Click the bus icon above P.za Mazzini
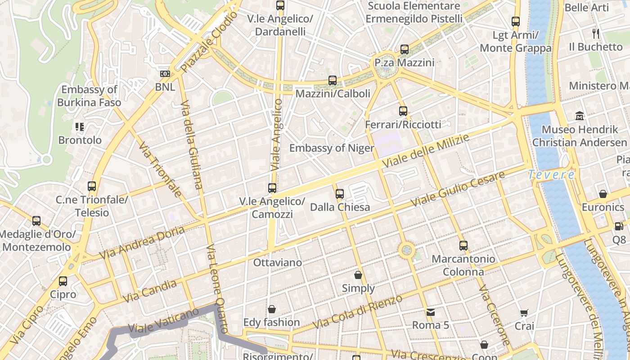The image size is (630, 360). [x=405, y=49]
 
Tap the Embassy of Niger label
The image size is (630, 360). [x=332, y=148]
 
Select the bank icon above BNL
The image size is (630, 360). [x=165, y=74]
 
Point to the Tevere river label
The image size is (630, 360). [x=551, y=175]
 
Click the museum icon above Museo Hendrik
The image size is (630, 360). [x=580, y=116]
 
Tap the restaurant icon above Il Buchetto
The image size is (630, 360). [x=596, y=33]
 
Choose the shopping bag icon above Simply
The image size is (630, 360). [x=358, y=274]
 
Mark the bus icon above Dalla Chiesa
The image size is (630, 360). [x=340, y=194]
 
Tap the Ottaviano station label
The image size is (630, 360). [x=278, y=262]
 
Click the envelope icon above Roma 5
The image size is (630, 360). [x=431, y=312]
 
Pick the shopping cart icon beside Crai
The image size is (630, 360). [x=524, y=313]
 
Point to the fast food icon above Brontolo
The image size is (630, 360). [x=80, y=127]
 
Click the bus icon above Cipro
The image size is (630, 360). [x=63, y=281]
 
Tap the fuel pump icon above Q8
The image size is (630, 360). [x=619, y=226]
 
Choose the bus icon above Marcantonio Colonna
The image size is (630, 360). [x=463, y=246]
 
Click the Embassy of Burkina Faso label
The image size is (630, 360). [x=89, y=96]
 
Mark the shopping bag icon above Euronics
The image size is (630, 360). [x=603, y=194]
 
